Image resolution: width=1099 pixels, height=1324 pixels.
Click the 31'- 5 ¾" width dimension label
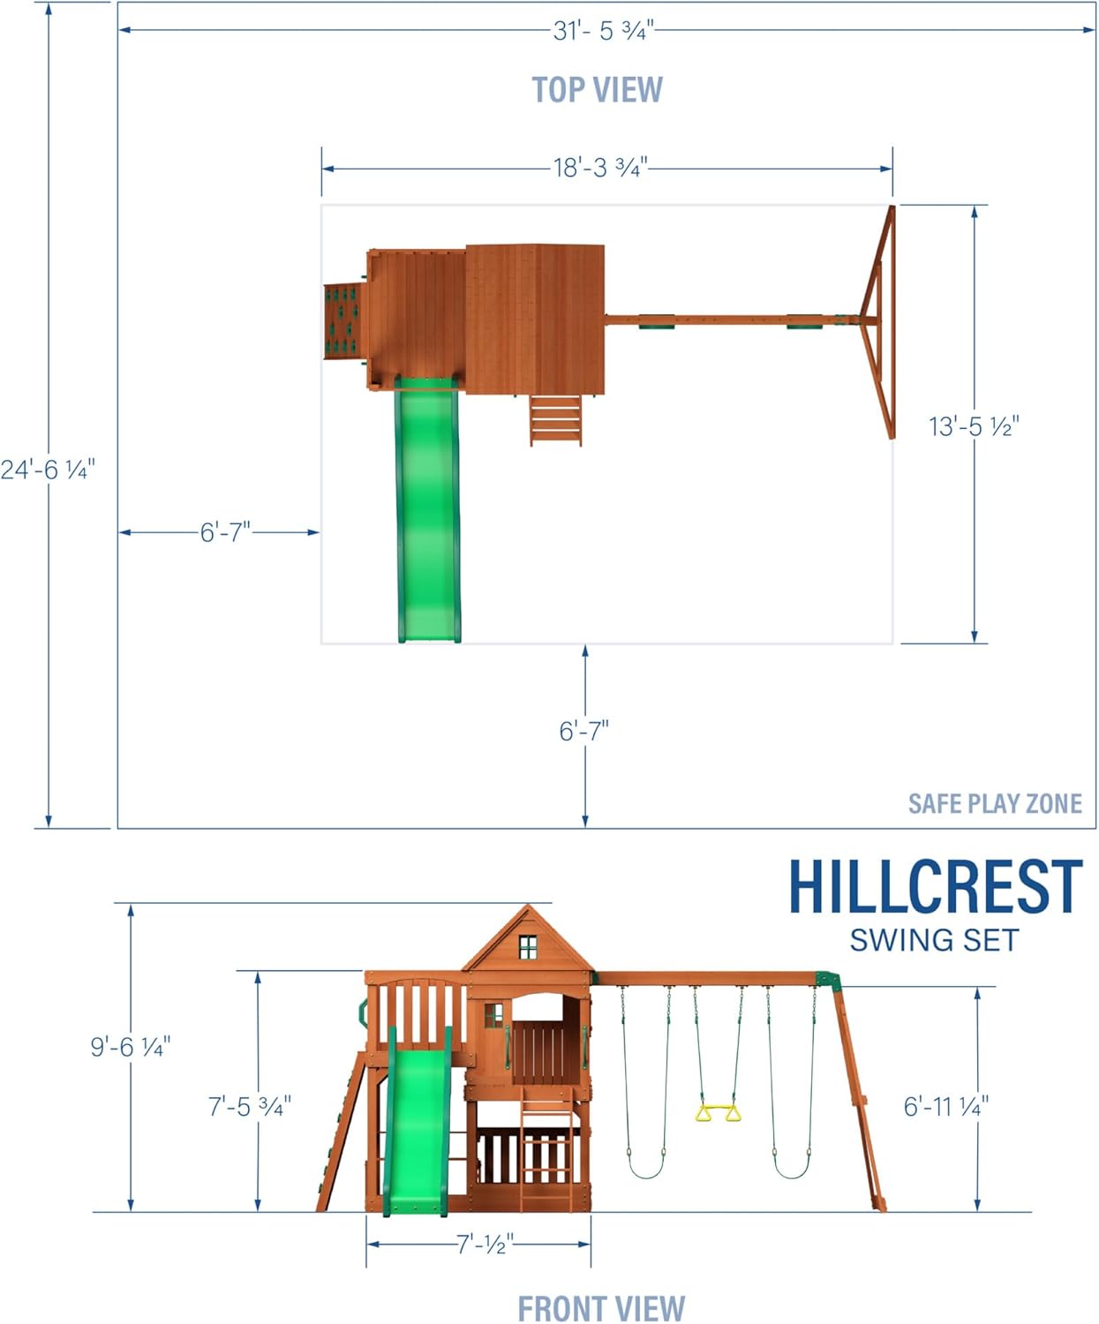[603, 30]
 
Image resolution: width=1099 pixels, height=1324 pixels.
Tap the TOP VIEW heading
[598, 89]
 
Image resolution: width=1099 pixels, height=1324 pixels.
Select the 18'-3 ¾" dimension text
[600, 168]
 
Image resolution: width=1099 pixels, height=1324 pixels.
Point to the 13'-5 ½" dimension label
[974, 426]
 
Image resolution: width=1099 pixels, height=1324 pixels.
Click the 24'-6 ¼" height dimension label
[48, 470]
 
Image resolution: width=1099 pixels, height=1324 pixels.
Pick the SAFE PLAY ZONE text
[995, 803]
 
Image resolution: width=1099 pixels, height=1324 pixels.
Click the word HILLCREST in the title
[936, 886]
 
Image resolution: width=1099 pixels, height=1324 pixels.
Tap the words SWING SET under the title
[934, 940]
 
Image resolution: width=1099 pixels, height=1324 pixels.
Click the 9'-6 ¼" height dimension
[131, 1046]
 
